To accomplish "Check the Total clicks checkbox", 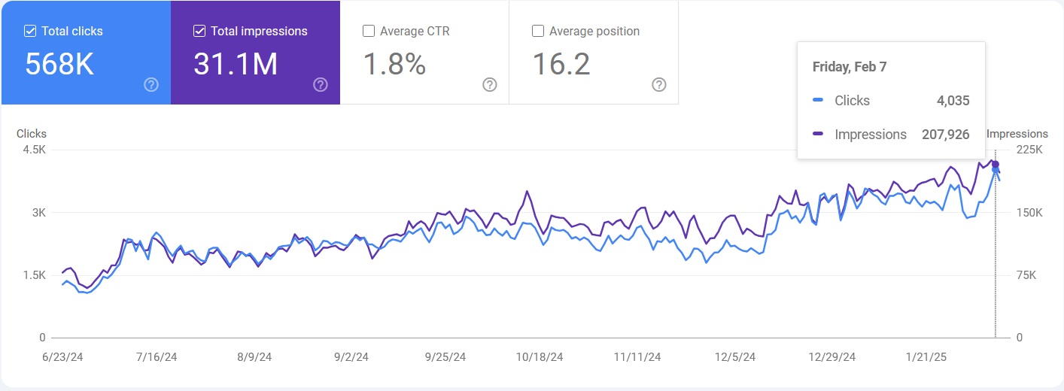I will (x=30, y=32).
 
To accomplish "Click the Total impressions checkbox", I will (x=199, y=32).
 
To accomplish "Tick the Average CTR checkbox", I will (x=369, y=32).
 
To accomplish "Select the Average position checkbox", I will (x=538, y=32).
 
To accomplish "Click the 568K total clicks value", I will (x=59, y=65).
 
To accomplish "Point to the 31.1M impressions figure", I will (x=236, y=65).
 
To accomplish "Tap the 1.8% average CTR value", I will (x=394, y=65).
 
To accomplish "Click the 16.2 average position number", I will (x=561, y=65).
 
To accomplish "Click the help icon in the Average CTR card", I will (x=489, y=84).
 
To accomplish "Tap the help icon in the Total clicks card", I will (x=150, y=84).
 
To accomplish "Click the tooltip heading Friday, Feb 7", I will (x=850, y=67).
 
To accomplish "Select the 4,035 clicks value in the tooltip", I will (x=953, y=101).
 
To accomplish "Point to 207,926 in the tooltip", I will (x=945, y=135).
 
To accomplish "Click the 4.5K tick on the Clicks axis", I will (x=34, y=150).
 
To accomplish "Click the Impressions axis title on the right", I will (x=1017, y=134).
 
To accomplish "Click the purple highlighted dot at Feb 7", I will (x=996, y=165).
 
